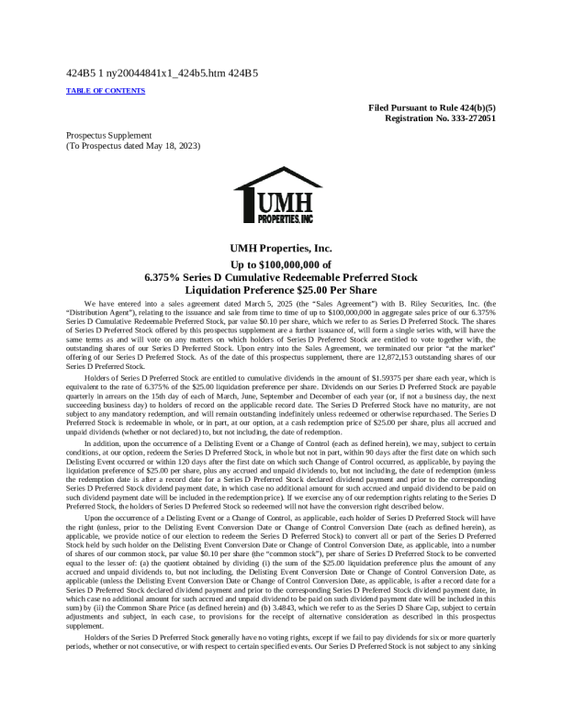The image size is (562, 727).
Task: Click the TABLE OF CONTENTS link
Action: click(106, 91)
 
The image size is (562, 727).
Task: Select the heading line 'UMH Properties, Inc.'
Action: click(280, 248)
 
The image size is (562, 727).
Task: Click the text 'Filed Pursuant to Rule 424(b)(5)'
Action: click(433, 107)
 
